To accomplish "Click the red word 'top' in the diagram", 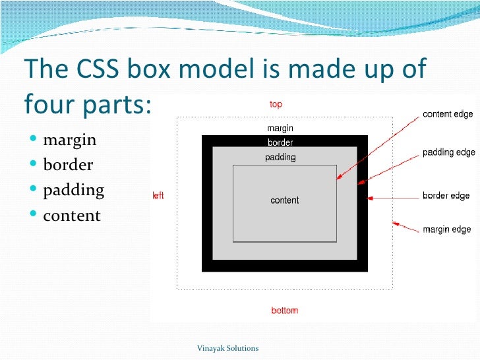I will pos(276,104).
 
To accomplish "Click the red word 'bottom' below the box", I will pos(285,311).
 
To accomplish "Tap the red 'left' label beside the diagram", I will pos(158,196).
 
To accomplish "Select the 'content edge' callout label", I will pos(448,114).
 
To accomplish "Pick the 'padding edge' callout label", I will pos(448,152).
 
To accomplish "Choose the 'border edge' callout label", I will pos(446,196).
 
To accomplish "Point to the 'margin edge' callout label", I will pos(446,230).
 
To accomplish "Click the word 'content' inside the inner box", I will pos(285,200).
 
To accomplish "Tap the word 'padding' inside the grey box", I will pos(280,158).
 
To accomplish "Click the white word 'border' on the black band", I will pos(280,142).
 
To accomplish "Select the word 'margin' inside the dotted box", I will pos(280,129).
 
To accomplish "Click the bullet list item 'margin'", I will pos(69,140).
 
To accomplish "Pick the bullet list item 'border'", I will pos(68,165).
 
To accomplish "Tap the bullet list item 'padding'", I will pos(73,191).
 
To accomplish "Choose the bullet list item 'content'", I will pos(72,216).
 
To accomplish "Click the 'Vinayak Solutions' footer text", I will pos(228,348).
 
